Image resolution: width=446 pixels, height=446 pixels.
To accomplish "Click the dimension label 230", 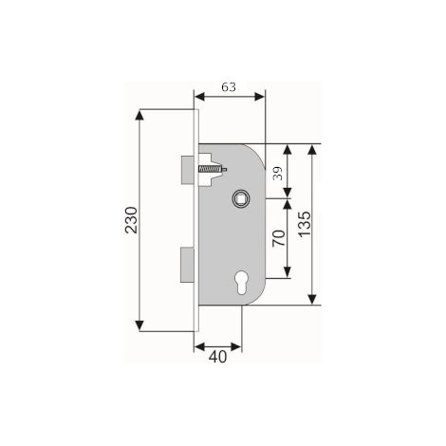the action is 131,220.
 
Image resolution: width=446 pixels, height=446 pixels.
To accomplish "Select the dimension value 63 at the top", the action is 229,86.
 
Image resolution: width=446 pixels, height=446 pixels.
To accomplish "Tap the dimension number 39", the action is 277,173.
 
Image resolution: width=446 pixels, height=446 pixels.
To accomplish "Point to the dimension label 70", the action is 279,238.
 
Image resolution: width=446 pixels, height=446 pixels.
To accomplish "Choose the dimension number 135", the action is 304,224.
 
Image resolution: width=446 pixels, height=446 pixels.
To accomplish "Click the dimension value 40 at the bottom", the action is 217,357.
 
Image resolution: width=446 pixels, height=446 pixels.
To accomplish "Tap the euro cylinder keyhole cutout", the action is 241,283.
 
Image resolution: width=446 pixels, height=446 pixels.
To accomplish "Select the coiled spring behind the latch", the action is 209,169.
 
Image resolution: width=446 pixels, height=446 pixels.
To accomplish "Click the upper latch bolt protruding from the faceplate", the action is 187,170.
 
